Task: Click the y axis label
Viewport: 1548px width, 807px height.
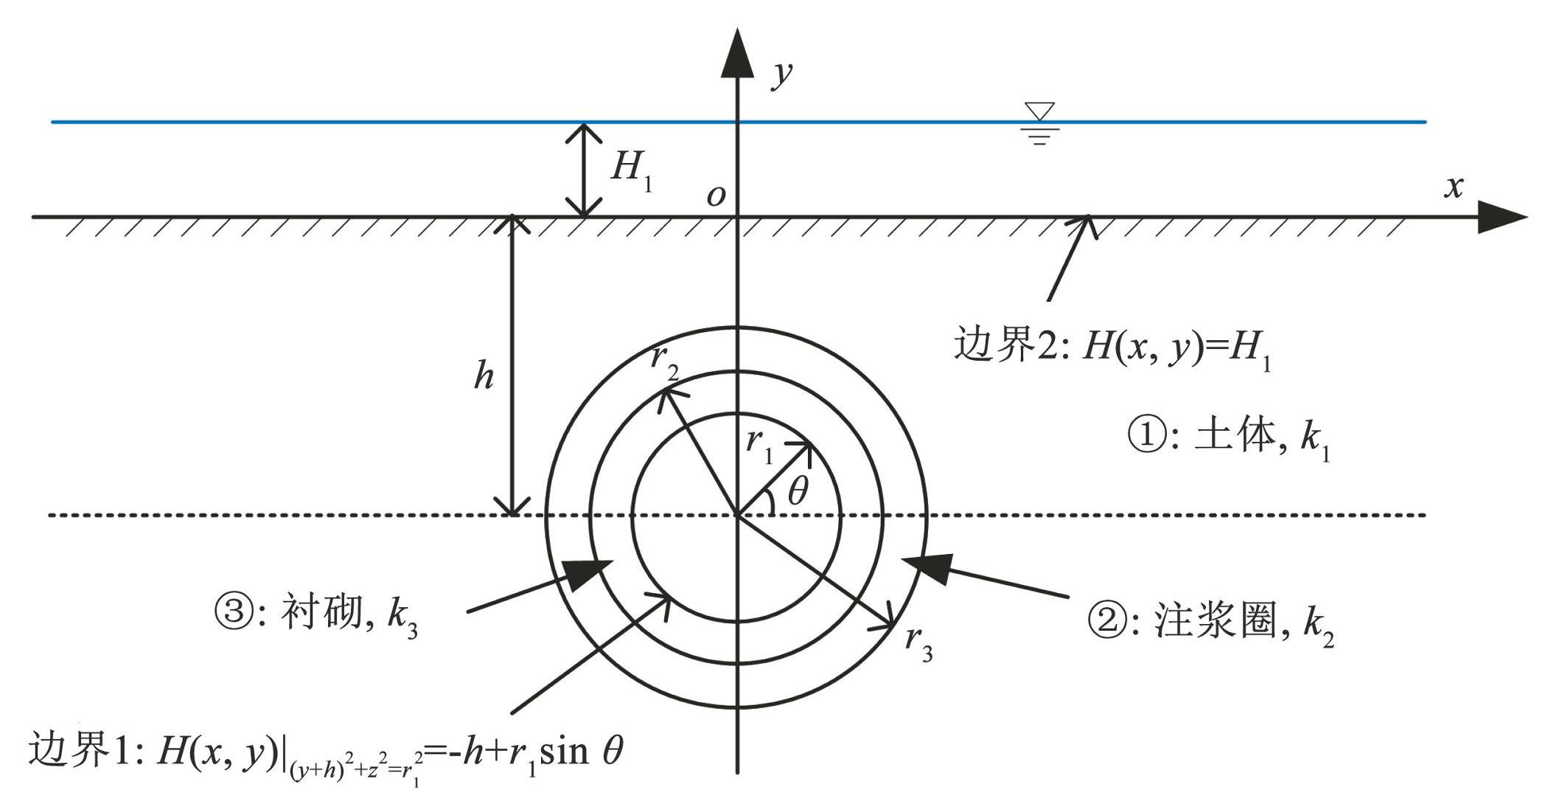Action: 782,75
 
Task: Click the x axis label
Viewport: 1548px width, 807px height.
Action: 1454,187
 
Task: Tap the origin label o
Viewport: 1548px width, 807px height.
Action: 716,195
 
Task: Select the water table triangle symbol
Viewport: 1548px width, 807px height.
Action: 1040,111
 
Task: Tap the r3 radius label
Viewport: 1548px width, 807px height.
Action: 919,643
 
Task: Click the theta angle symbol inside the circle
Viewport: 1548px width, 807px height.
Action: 798,491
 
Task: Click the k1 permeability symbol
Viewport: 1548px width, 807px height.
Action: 1315,441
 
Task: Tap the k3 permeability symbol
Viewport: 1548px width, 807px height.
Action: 402,618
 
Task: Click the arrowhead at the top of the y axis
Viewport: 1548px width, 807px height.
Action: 737,52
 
